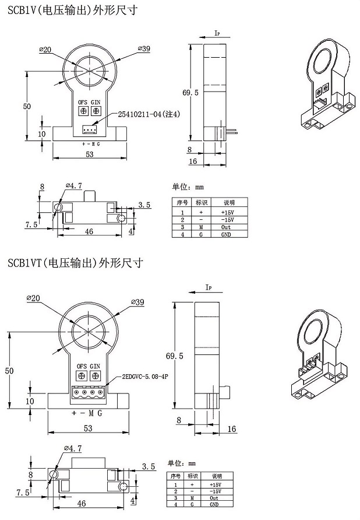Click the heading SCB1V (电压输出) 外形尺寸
point(73,11)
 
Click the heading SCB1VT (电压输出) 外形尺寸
point(76,263)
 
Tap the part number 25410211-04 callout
point(149,114)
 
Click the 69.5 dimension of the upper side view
point(190,92)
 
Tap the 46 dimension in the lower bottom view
point(82,503)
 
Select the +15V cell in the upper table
point(226,213)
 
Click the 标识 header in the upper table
point(202,202)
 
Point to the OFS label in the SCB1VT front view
point(82,366)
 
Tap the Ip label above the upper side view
point(217,34)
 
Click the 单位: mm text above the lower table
point(182,463)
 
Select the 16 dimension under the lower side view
point(232,429)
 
